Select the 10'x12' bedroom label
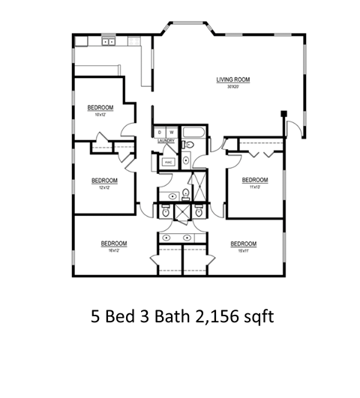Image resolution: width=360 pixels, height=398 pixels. click(99, 115)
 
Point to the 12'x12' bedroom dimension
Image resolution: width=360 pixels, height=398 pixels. click(105, 187)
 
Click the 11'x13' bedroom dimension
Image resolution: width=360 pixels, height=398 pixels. click(254, 187)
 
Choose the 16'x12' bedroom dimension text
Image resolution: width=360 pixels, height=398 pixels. click(114, 250)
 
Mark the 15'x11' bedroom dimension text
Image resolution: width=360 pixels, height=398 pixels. click(243, 250)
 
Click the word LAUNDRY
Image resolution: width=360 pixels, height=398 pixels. click(166, 139)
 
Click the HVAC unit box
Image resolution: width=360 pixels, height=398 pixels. click(166, 160)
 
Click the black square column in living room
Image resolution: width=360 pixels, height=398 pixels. click(284, 114)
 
